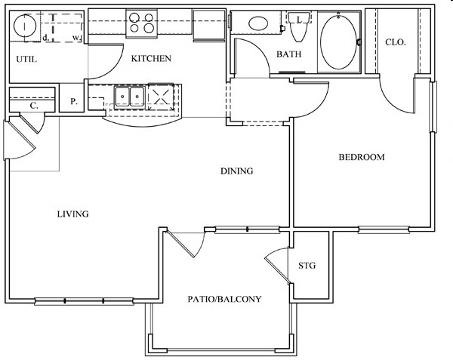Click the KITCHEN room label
pos(151,58)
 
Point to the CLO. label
pos(396,42)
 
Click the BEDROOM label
pos(361,158)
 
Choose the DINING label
pos(236,171)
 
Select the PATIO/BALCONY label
pos(224,299)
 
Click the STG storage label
pos(307,266)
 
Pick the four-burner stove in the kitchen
pos(141,23)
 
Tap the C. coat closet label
pos(33,106)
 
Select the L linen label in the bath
pos(300,18)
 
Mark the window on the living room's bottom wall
pos(84,301)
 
